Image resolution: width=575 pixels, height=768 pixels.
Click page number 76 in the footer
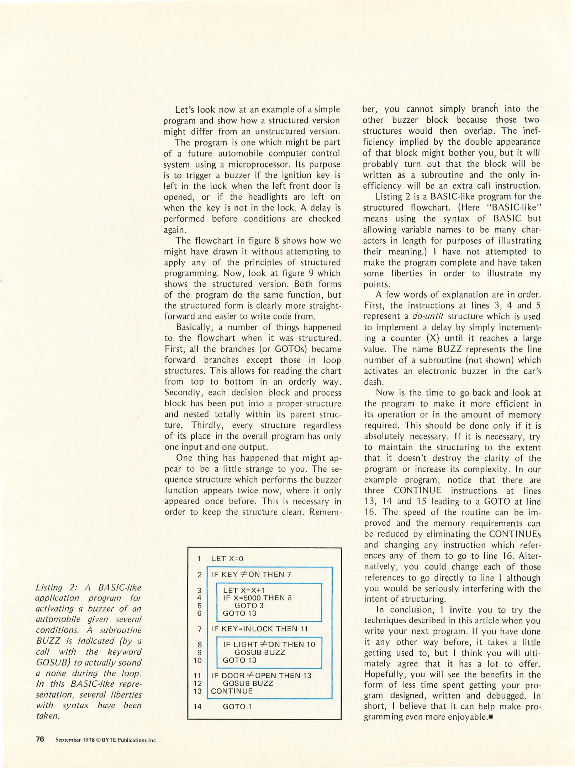(40, 739)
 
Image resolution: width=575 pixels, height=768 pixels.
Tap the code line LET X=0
(227, 559)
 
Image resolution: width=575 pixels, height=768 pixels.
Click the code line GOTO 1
(237, 706)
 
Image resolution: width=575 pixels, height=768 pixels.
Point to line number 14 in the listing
(197, 706)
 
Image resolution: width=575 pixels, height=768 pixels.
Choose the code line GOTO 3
(249, 606)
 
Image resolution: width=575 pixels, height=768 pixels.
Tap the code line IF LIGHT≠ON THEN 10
(269, 644)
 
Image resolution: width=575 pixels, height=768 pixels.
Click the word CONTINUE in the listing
(232, 691)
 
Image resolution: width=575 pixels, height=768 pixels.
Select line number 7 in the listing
(200, 629)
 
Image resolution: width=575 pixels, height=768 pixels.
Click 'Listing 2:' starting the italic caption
(54, 587)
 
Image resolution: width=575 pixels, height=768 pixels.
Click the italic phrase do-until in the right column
(427, 316)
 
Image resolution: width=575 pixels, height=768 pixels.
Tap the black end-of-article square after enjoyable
(491, 717)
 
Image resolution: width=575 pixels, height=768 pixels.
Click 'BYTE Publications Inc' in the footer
(129, 740)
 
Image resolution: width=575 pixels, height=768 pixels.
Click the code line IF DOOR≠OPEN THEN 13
(261, 675)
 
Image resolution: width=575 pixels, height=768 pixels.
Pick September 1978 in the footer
(75, 740)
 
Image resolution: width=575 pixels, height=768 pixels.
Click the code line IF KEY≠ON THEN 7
(251, 574)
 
